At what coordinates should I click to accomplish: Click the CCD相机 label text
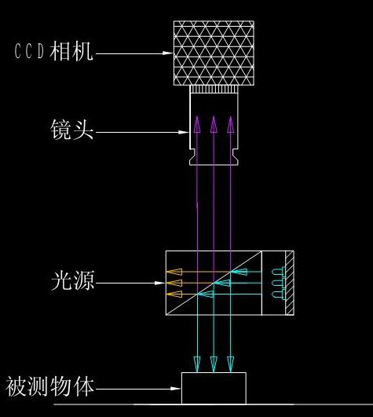(x=53, y=51)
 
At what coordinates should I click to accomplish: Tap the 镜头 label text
(x=72, y=130)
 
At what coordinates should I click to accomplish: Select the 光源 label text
(x=72, y=280)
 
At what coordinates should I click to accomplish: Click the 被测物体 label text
(x=50, y=386)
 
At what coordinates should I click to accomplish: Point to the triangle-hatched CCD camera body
(x=214, y=53)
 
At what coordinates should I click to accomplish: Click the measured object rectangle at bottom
(x=214, y=388)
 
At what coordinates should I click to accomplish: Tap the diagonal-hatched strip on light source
(x=290, y=283)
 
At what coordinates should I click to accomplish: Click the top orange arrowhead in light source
(x=174, y=272)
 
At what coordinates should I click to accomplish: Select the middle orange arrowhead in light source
(x=174, y=283)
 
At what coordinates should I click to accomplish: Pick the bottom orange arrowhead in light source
(x=174, y=294)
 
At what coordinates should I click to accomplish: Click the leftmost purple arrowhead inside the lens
(x=197, y=124)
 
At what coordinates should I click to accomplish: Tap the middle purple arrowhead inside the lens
(x=214, y=124)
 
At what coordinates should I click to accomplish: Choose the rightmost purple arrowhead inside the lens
(x=231, y=124)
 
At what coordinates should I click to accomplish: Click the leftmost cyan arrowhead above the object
(x=197, y=364)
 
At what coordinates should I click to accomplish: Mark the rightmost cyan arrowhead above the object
(x=231, y=364)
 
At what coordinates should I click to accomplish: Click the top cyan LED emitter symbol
(x=278, y=272)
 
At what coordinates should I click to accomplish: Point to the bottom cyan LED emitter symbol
(x=278, y=294)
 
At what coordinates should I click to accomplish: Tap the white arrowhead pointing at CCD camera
(x=168, y=53)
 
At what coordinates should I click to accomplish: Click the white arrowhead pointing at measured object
(x=176, y=389)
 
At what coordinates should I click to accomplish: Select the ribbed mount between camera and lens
(x=214, y=89)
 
